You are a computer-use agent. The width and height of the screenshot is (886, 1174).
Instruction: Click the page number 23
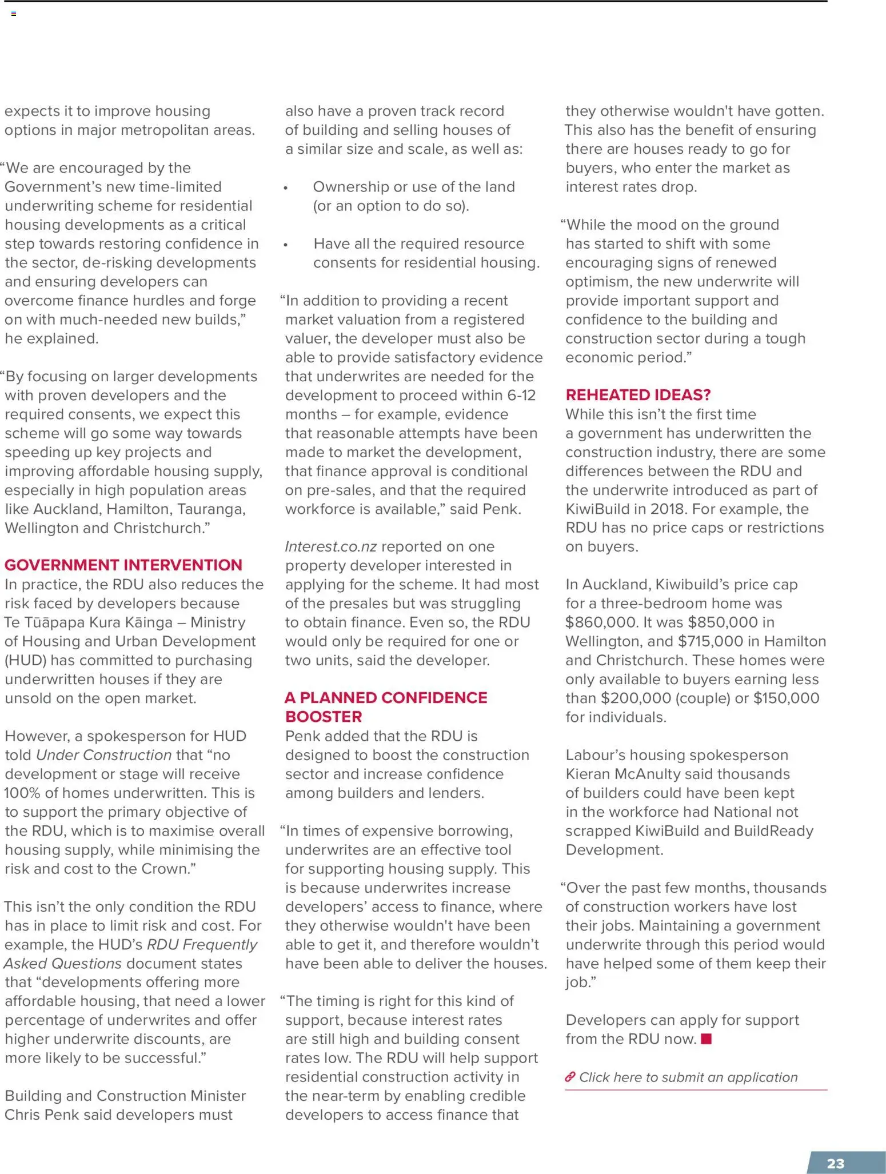[x=835, y=1163]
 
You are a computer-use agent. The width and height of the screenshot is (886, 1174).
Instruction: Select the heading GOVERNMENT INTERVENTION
[x=123, y=565]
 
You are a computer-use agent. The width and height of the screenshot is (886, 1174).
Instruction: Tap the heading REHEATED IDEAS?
[x=638, y=395]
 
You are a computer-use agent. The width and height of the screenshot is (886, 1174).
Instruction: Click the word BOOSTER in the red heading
[x=324, y=716]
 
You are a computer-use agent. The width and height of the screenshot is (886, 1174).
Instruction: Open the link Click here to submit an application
[x=688, y=1077]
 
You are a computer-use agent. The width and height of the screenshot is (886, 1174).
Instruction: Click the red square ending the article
[x=707, y=1039]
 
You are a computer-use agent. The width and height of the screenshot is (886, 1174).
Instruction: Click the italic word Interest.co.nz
[x=330, y=546]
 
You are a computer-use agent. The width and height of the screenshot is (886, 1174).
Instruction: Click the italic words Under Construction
[x=103, y=754]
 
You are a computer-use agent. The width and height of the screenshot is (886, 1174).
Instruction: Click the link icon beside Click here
[x=569, y=1077]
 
